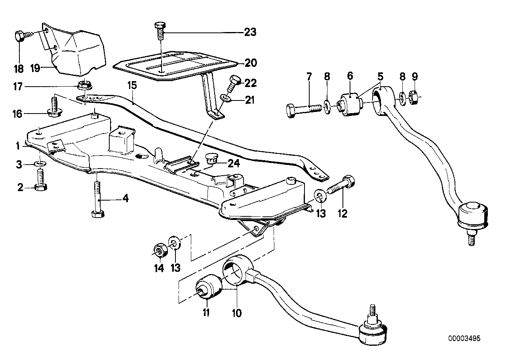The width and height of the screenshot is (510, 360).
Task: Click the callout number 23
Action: tap(250, 32)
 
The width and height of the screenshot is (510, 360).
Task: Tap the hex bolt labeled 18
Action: tap(22, 36)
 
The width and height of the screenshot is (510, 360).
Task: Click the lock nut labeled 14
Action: tap(159, 250)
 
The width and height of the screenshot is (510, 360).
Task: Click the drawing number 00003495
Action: tap(464, 339)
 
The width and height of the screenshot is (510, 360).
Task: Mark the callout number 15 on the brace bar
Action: tap(131, 85)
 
